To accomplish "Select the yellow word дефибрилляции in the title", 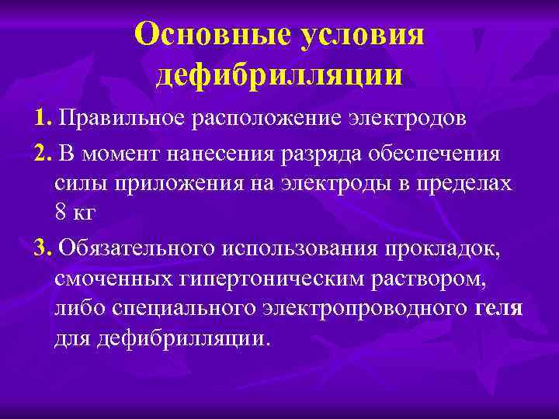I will pos(279,74).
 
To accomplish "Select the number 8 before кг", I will pos(61,215).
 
